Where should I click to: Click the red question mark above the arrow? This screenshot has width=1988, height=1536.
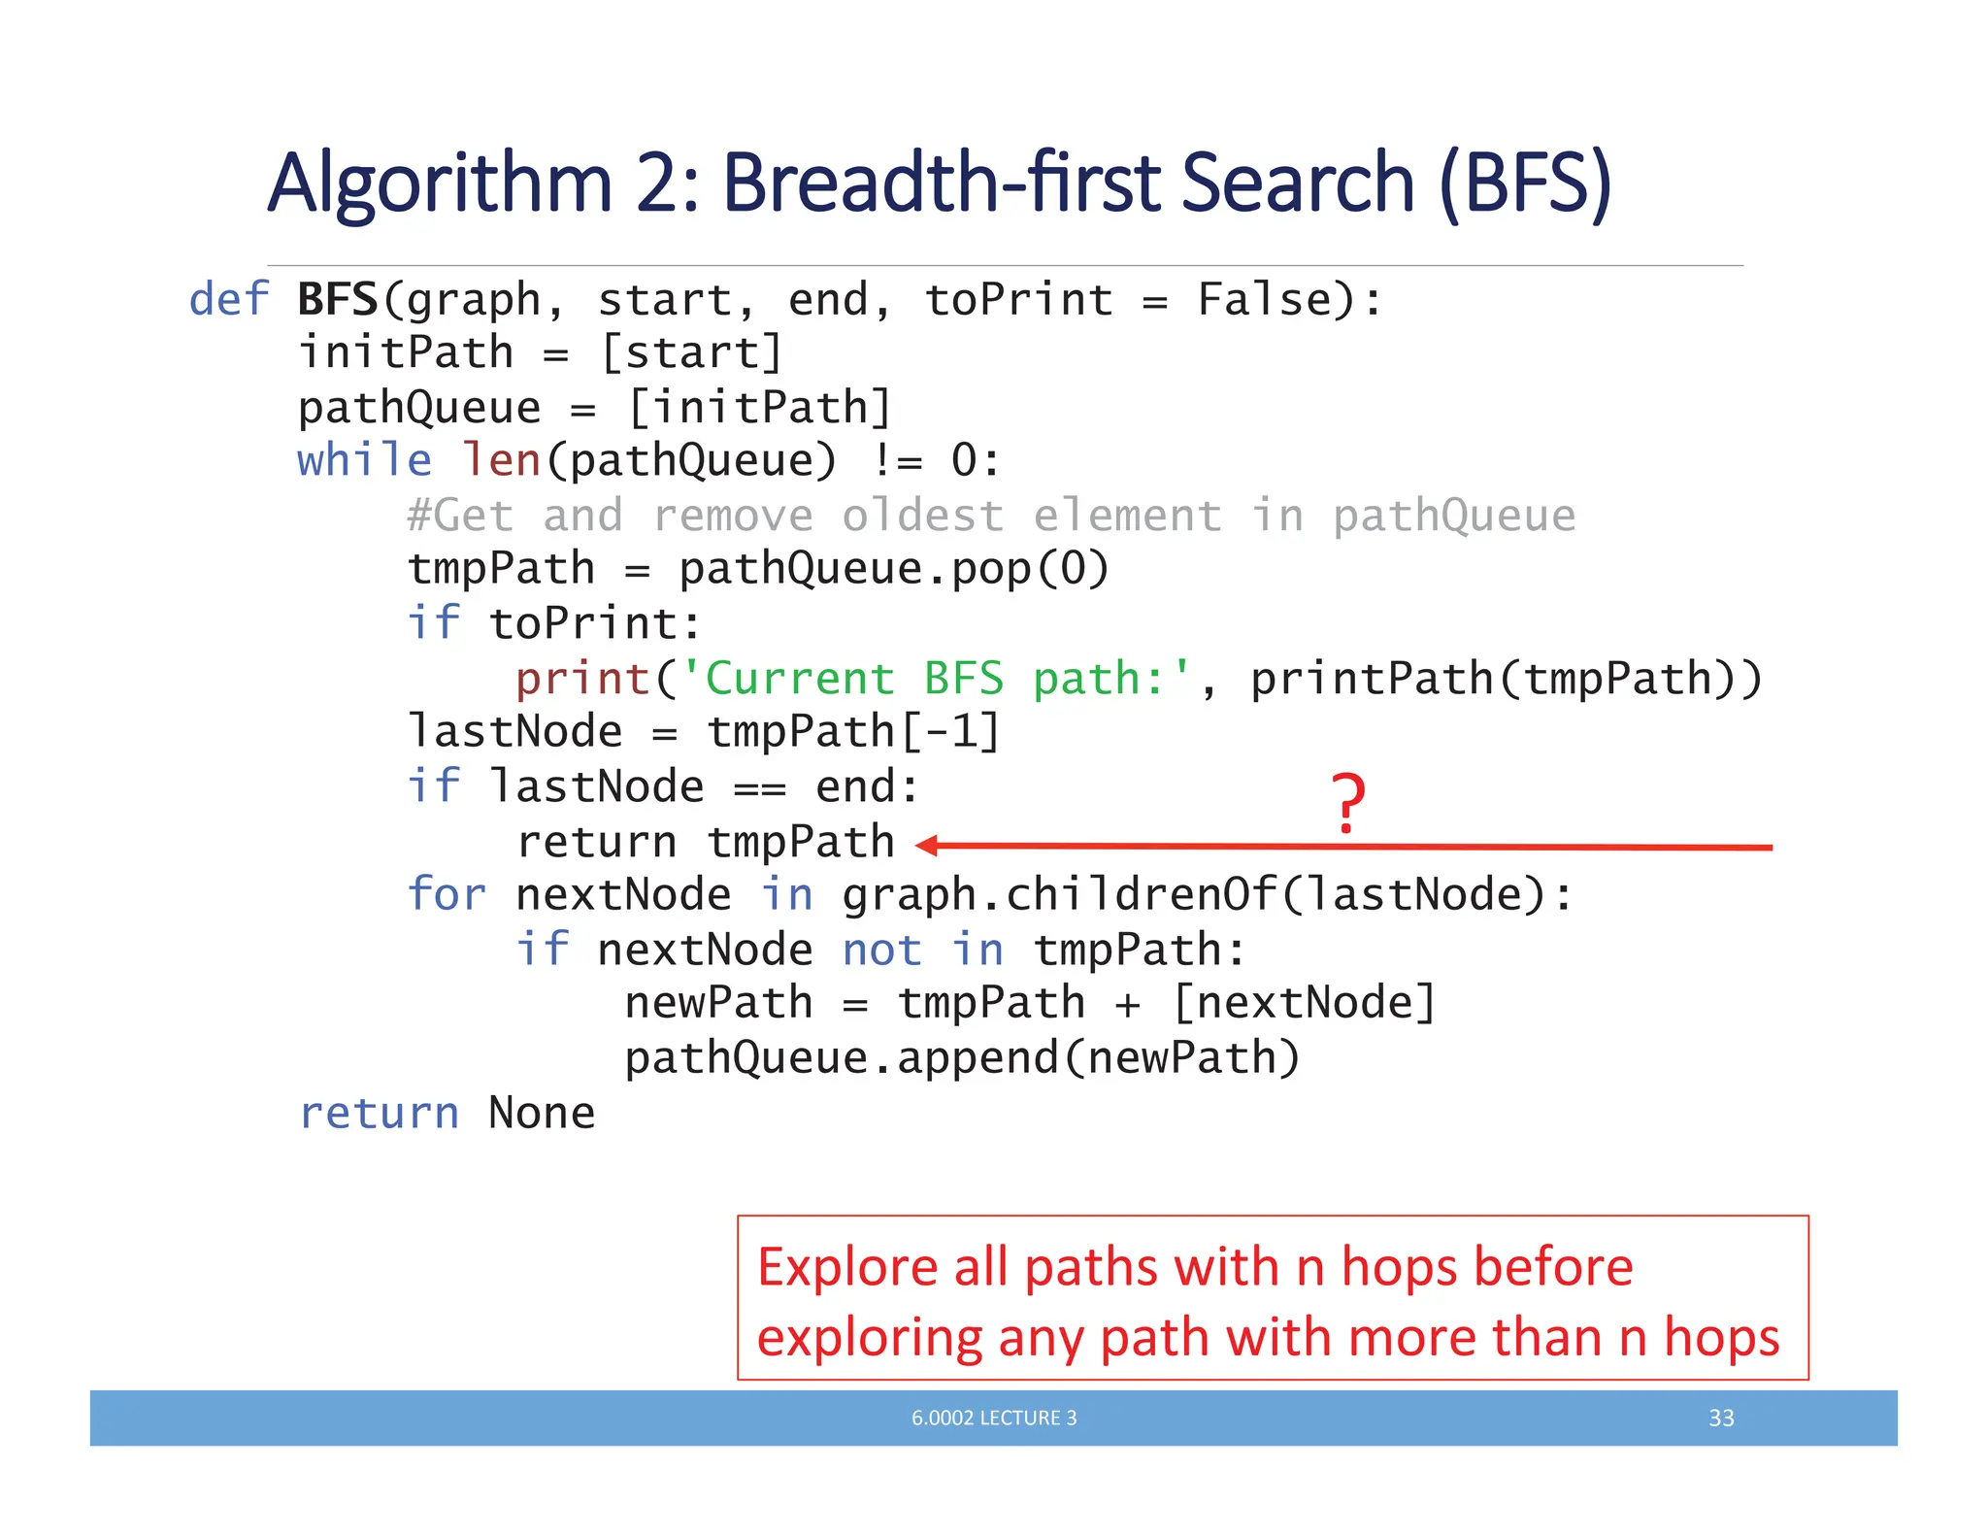(x=1348, y=802)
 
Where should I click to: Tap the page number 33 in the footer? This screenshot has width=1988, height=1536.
(x=1721, y=1418)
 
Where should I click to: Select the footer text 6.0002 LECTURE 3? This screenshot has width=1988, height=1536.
(x=994, y=1418)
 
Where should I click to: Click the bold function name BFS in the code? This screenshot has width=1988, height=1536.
(x=337, y=299)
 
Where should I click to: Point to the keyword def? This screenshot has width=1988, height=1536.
(x=228, y=299)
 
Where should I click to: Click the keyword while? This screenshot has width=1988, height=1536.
(x=364, y=460)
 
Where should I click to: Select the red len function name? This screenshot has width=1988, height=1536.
(x=501, y=460)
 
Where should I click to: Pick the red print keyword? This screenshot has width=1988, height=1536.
(x=582, y=678)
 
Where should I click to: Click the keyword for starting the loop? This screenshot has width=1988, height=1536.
(x=446, y=894)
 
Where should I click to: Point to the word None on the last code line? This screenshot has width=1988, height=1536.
(x=542, y=1113)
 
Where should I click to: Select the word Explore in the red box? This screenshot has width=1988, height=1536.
(x=846, y=1267)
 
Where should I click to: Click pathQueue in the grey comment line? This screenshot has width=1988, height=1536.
(x=1453, y=516)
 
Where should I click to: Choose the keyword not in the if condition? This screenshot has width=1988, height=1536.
(x=881, y=950)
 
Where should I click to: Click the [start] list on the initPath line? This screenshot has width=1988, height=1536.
(x=691, y=352)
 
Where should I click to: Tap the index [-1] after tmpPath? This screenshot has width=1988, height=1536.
(x=950, y=732)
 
